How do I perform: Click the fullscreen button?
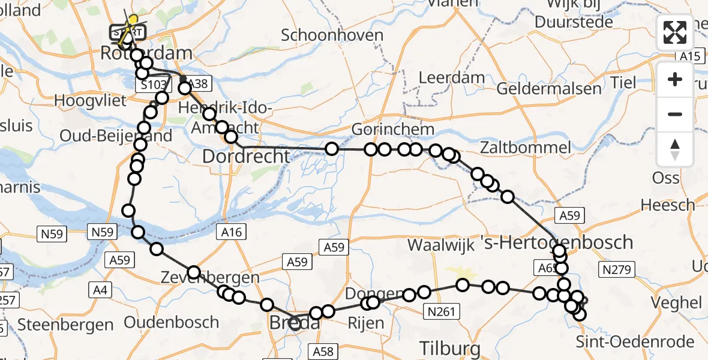point(675,32)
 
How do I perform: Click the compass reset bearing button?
point(675,149)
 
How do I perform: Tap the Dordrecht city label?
point(246,157)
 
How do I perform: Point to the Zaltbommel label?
point(526,148)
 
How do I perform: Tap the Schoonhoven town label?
point(332,35)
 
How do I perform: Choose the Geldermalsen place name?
point(549,89)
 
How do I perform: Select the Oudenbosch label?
point(178,322)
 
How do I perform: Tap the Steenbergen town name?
point(65,325)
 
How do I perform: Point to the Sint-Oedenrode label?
point(635,342)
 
